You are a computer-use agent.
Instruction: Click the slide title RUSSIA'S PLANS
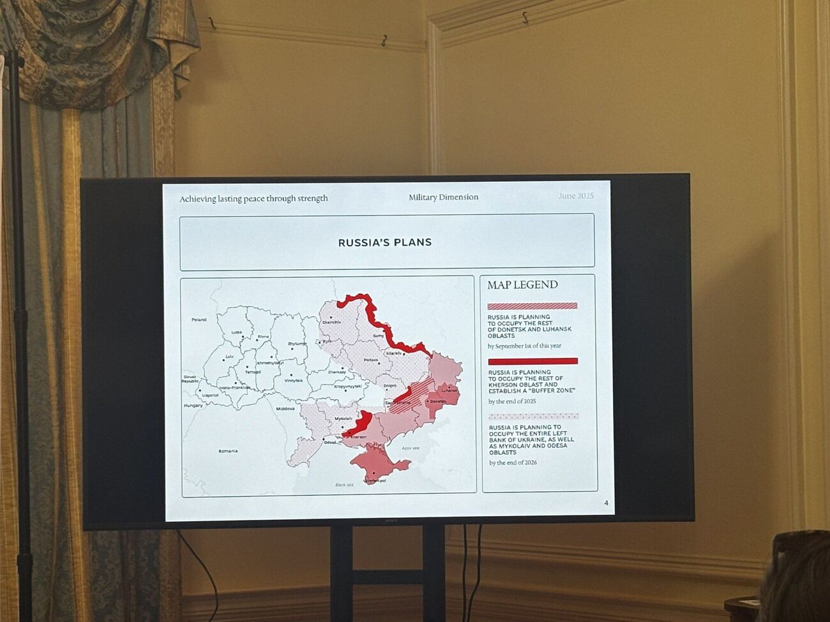pyautogui.click(x=384, y=242)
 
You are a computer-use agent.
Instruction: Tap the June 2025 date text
pyautogui.click(x=576, y=196)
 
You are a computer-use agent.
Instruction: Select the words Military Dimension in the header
pyautogui.click(x=443, y=197)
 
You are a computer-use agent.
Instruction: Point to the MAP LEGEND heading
pyautogui.click(x=522, y=285)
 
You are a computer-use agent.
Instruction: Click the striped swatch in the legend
pyautogui.click(x=532, y=306)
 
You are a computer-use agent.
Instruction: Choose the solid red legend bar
pyautogui.click(x=532, y=361)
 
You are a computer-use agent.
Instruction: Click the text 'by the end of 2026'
pyautogui.click(x=513, y=463)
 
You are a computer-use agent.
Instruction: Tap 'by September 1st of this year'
pyautogui.click(x=524, y=346)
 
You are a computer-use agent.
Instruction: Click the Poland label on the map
pyautogui.click(x=199, y=319)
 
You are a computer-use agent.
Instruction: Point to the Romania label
pyautogui.click(x=228, y=451)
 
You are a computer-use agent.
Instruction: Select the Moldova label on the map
pyautogui.click(x=285, y=408)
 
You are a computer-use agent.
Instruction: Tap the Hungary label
pyautogui.click(x=193, y=405)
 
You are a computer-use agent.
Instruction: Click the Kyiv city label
pyautogui.click(x=328, y=341)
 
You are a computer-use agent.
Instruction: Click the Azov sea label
pyautogui.click(x=411, y=448)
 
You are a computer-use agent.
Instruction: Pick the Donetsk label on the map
pyautogui.click(x=438, y=401)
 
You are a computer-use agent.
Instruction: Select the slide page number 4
pyautogui.click(x=606, y=503)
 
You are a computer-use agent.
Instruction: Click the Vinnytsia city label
pyautogui.click(x=294, y=380)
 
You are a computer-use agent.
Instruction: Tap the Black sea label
pyautogui.click(x=344, y=485)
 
